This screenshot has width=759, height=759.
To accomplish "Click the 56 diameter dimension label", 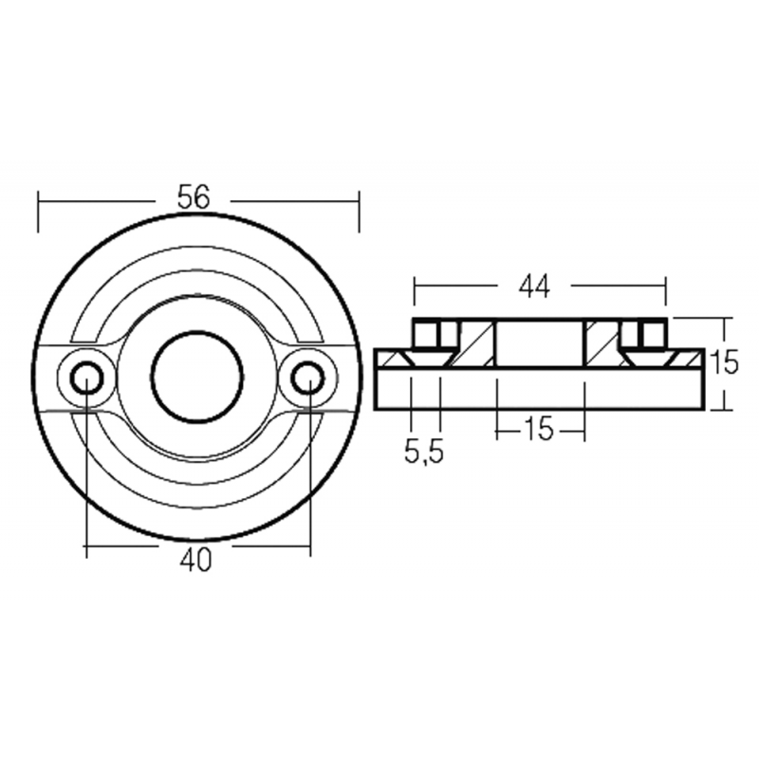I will click(193, 198).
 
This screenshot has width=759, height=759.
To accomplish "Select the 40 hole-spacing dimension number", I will click(195, 561).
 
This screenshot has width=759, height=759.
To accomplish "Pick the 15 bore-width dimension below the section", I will click(538, 429).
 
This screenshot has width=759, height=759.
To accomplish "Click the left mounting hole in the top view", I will click(86, 378).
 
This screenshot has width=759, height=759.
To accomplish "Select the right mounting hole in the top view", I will click(307, 378).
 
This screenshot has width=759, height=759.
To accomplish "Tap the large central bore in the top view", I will click(197, 377).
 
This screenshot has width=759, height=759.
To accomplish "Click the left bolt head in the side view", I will click(427, 334).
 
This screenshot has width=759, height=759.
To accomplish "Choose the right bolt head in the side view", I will click(651, 334).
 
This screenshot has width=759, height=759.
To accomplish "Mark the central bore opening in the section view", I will click(539, 343).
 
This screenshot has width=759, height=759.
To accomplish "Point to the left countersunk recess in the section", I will click(427, 359).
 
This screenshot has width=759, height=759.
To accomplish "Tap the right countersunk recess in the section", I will click(651, 359).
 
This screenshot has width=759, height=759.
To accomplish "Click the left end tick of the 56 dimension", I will click(38, 211).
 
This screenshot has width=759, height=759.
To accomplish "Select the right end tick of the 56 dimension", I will click(359, 211).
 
